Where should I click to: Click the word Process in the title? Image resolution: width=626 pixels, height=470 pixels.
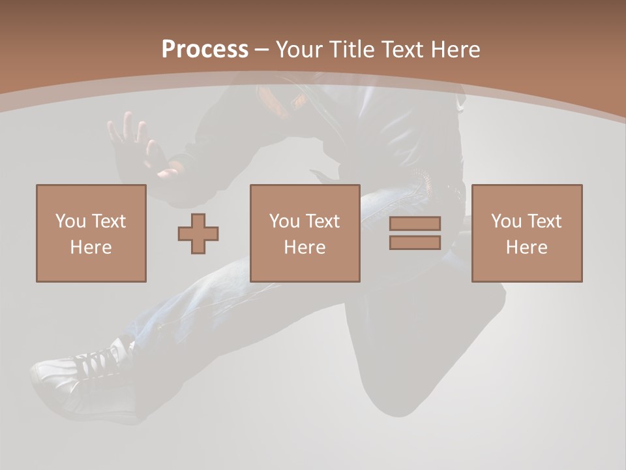pyautogui.click(x=205, y=50)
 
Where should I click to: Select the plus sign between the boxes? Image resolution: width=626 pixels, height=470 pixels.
pyautogui.click(x=198, y=233)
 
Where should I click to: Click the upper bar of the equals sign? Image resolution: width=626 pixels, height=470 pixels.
pyautogui.click(x=415, y=223)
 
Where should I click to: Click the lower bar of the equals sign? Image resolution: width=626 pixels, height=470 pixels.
pyautogui.click(x=415, y=242)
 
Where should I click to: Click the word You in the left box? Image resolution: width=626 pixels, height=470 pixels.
pyautogui.click(x=70, y=221)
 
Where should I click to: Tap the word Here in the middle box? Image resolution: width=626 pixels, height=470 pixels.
pyautogui.click(x=305, y=247)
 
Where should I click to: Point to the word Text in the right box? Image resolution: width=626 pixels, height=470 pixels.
pyautogui.click(x=544, y=221)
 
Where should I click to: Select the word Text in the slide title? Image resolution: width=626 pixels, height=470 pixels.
pyautogui.click(x=404, y=50)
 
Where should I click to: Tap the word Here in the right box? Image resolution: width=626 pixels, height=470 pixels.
pyautogui.click(x=527, y=247)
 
